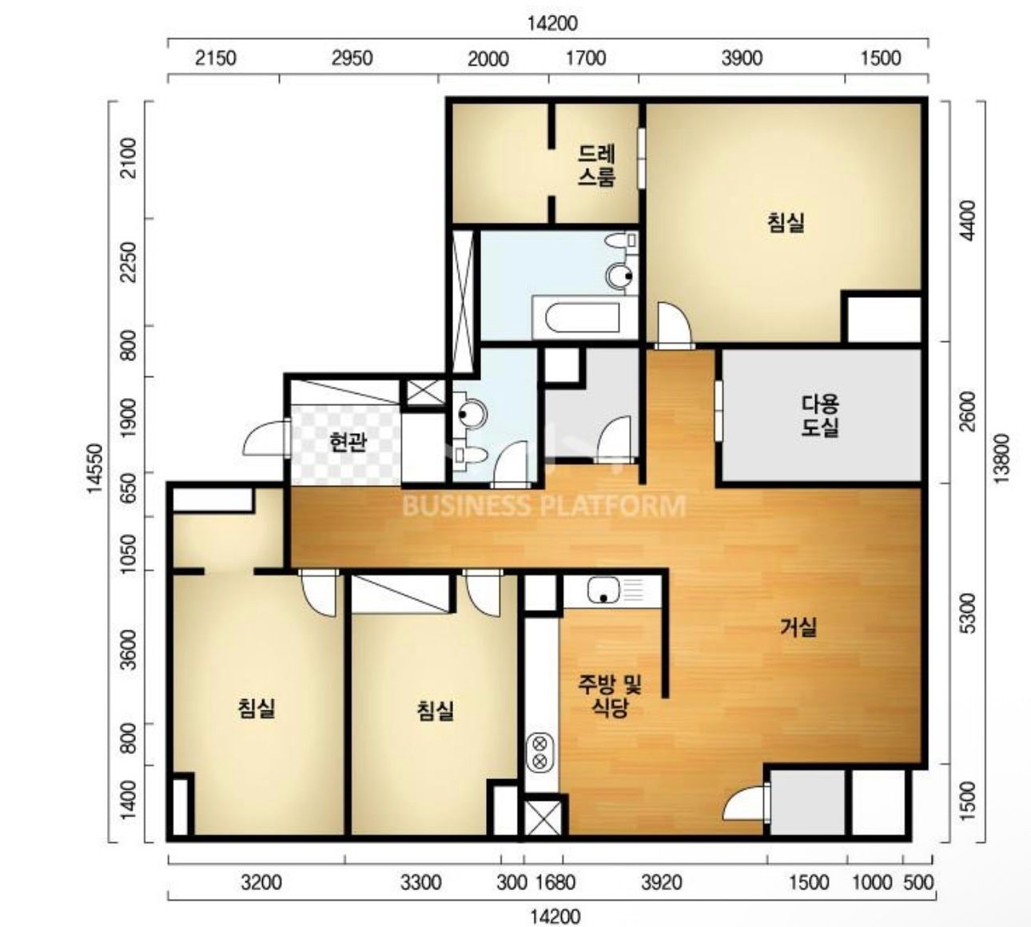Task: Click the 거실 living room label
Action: click(x=798, y=627)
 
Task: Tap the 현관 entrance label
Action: click(x=348, y=442)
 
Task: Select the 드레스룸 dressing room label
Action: click(x=596, y=165)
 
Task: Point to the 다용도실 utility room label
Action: click(x=820, y=416)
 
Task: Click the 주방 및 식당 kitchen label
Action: click(x=610, y=695)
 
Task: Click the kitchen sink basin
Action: click(x=603, y=590)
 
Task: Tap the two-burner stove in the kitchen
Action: click(x=539, y=752)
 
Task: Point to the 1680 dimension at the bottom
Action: click(x=555, y=883)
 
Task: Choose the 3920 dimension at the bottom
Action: click(x=662, y=883)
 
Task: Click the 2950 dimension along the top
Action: click(x=352, y=58)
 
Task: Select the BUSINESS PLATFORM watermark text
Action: click(x=543, y=505)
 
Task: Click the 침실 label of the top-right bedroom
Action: click(x=786, y=222)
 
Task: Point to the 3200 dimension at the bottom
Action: click(x=261, y=883)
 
